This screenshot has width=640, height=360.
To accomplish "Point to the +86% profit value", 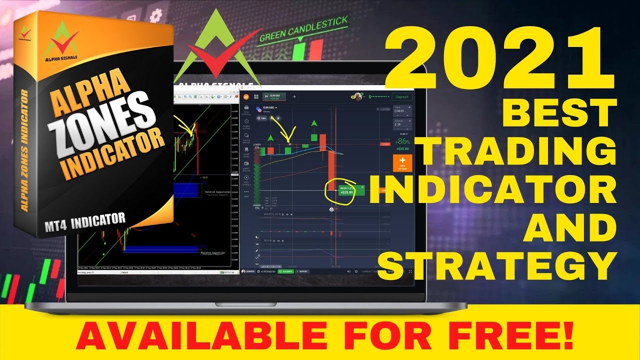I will (402, 141).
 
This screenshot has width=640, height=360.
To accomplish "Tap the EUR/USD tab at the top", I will (274, 97).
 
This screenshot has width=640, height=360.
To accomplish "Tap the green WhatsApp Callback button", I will (286, 271).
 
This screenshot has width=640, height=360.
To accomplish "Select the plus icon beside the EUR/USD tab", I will (294, 97).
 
